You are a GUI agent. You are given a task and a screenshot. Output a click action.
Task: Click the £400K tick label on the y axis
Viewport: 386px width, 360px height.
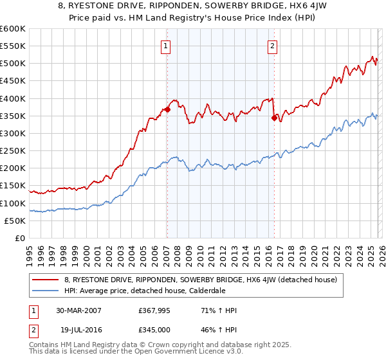pos(12,98)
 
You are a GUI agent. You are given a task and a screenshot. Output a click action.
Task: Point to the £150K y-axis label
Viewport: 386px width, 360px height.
pos(12,186)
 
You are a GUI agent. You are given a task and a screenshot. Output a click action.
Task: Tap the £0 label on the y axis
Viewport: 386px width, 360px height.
pos(19,239)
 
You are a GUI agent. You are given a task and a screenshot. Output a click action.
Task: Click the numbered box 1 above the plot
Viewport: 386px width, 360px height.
pos(166,46)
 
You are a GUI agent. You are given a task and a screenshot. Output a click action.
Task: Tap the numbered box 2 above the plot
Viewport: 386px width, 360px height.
pos(273,46)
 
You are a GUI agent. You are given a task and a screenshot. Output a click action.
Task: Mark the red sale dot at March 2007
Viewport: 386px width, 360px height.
pos(167,109)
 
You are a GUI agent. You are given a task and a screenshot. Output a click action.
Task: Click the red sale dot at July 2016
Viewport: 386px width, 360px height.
pos(274,118)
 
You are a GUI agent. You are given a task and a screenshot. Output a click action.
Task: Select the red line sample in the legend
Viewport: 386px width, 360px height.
pos(46,280)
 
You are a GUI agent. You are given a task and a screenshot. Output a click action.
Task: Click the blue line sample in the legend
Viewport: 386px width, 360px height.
pos(46,291)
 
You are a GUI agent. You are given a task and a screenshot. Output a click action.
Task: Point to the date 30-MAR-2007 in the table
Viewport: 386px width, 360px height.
pos(78,310)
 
